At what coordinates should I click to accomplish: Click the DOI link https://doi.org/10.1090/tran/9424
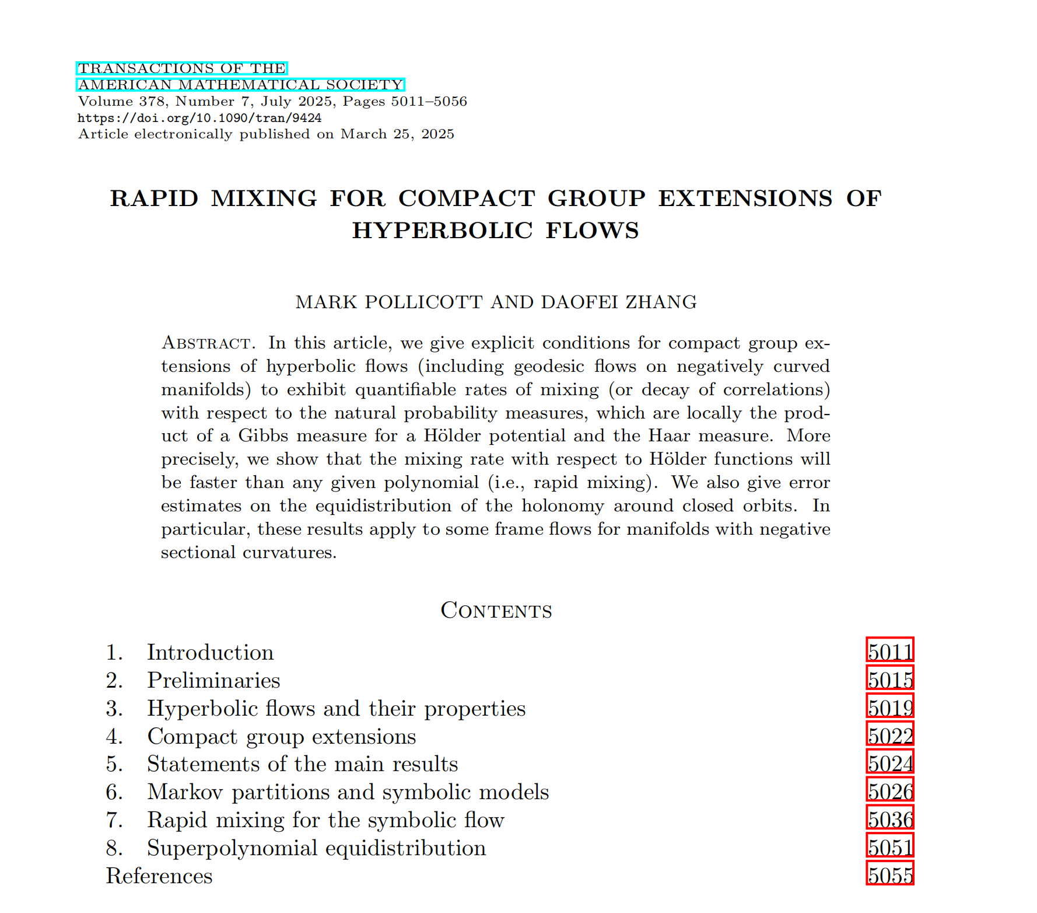pyautogui.click(x=199, y=118)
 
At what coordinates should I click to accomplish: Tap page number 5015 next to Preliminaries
pyautogui.click(x=889, y=679)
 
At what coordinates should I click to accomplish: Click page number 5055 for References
pyautogui.click(x=889, y=875)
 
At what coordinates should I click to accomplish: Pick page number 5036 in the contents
pyautogui.click(x=889, y=819)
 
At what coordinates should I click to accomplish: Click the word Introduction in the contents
pyautogui.click(x=210, y=652)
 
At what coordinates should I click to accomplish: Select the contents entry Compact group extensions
pyautogui.click(x=281, y=736)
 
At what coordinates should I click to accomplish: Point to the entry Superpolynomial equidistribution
pyautogui.click(x=316, y=848)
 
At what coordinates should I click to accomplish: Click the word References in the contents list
pyautogui.click(x=159, y=876)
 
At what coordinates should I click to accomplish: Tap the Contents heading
pyautogui.click(x=496, y=610)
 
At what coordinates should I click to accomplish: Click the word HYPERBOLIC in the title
pyautogui.click(x=442, y=231)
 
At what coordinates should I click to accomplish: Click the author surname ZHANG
pyautogui.click(x=661, y=302)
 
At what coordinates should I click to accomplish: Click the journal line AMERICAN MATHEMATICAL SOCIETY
pyautogui.click(x=240, y=85)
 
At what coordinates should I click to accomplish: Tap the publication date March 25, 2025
pyautogui.click(x=397, y=134)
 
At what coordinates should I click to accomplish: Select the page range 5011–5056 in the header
pyautogui.click(x=429, y=102)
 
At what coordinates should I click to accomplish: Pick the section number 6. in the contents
pyautogui.click(x=114, y=792)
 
